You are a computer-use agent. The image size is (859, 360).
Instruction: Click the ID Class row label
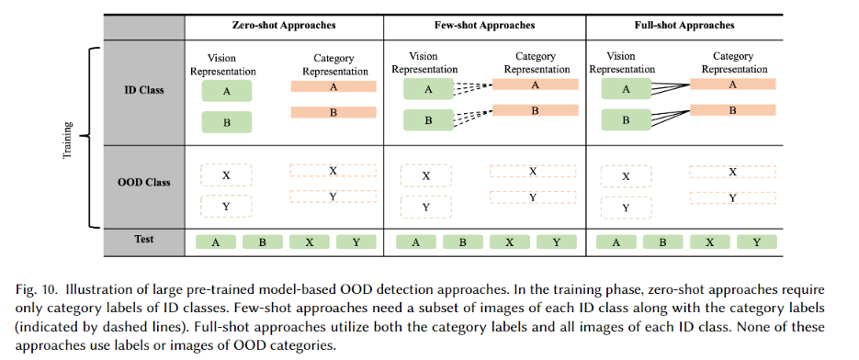pos(143,91)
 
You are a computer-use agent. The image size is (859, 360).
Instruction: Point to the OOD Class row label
pos(143,182)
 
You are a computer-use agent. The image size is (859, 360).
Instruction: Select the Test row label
pos(143,240)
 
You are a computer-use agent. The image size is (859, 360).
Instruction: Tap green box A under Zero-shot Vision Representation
pos(226,91)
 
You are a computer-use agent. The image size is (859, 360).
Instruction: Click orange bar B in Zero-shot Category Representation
pos(333,112)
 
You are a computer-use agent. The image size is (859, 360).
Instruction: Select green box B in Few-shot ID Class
pos(426,120)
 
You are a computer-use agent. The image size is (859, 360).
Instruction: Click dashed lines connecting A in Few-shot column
pos(472,86)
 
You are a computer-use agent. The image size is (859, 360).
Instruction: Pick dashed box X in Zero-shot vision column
pos(226,174)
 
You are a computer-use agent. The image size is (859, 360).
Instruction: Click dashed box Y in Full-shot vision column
pos(626,207)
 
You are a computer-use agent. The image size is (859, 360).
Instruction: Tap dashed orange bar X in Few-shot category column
pos(533,171)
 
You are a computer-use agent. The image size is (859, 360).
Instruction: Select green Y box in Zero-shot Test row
pos(356,242)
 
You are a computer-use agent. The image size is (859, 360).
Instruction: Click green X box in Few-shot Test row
pos(507,242)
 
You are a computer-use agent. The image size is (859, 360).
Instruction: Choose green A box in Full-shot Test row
pos(616,242)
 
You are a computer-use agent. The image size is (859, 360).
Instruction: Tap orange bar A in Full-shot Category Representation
pos(732,84)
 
